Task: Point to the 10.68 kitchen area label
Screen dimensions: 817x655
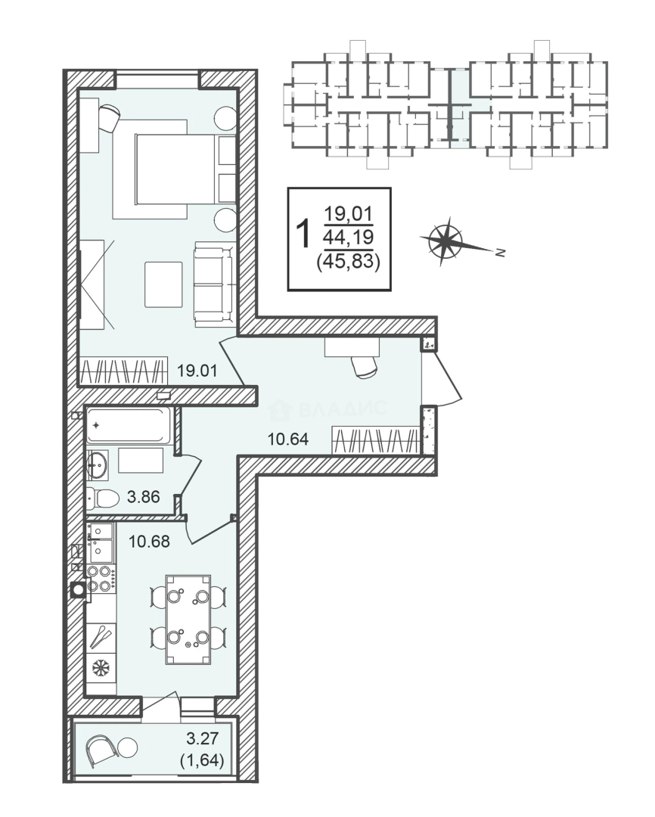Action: [148, 542]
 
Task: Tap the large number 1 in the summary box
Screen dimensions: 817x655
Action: [304, 234]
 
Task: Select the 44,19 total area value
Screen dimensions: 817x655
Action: [348, 238]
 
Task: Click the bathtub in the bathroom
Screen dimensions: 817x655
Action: [129, 425]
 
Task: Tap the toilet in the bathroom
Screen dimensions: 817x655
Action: [104, 498]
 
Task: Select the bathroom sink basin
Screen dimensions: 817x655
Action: [98, 464]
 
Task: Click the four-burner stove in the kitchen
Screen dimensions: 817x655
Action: [101, 578]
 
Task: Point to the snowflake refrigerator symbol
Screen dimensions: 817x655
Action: [101, 668]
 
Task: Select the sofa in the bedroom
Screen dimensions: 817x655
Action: [213, 284]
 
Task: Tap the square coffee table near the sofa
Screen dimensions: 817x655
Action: [163, 284]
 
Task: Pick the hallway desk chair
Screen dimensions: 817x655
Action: [365, 365]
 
